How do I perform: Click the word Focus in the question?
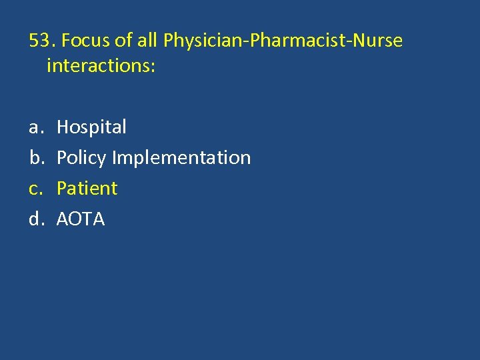pyautogui.click(x=85, y=41)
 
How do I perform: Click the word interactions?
pyautogui.click(x=98, y=67)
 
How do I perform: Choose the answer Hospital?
pyautogui.click(x=91, y=127)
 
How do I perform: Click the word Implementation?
pyautogui.click(x=181, y=158)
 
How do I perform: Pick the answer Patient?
pyautogui.click(x=87, y=189)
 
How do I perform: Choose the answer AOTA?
pyautogui.click(x=81, y=219)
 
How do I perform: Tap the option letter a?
pyautogui.click(x=35, y=127)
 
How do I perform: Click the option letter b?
pyautogui.click(x=35, y=158)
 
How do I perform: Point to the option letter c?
pyautogui.click(x=35, y=189)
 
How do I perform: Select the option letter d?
pyautogui.click(x=35, y=219)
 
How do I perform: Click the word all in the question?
pyautogui.click(x=147, y=41)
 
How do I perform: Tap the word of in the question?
pyautogui.click(x=123, y=41)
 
